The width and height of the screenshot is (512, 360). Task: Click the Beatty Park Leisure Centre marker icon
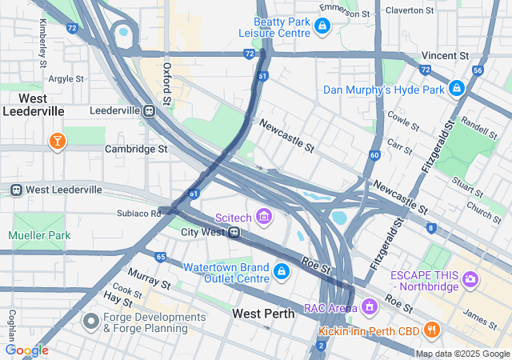coord(322,26)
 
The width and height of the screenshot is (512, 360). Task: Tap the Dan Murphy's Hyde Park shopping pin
coord(457,88)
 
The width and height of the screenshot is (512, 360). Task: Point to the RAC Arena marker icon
coord(369,306)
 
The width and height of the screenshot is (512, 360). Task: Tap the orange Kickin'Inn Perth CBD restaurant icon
coord(431,329)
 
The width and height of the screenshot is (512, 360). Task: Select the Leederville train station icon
coord(149,111)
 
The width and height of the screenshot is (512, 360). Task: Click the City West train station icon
coord(234,232)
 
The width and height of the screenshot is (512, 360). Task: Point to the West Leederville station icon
coord(15,190)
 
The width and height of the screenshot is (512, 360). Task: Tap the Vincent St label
coord(446,56)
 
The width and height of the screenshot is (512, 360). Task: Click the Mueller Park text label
coord(39,235)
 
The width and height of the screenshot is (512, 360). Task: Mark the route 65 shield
coord(161,257)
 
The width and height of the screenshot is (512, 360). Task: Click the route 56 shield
coord(478,70)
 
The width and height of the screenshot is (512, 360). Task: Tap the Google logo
coord(26,350)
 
